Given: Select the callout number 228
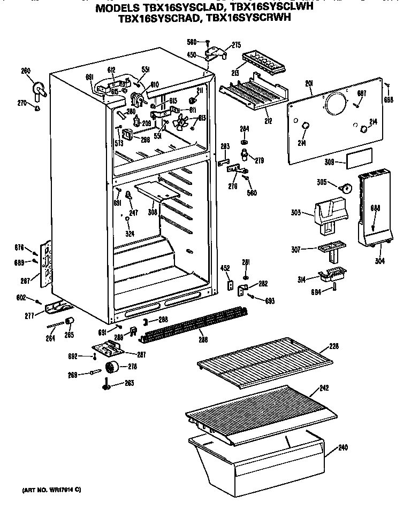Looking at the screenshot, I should click(334, 347).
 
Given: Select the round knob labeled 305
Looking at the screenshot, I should click(347, 188).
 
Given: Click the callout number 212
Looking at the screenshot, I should click(268, 121).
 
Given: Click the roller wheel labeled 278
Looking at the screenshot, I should click(111, 366).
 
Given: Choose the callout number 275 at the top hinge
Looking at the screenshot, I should click(237, 45).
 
